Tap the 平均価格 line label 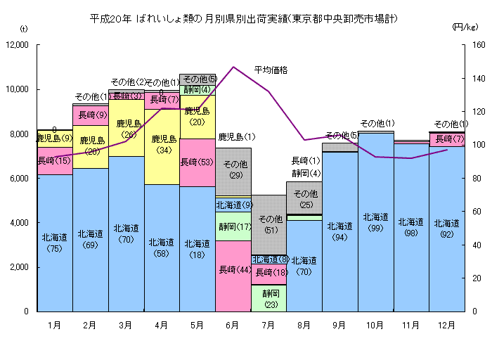click(x=271, y=70)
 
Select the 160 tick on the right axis click(x=477, y=45)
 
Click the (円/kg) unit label click(x=465, y=27)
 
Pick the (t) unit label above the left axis click(x=25, y=29)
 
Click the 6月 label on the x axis click(x=233, y=325)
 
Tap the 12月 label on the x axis click(x=446, y=325)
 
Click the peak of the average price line click(x=233, y=67)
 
